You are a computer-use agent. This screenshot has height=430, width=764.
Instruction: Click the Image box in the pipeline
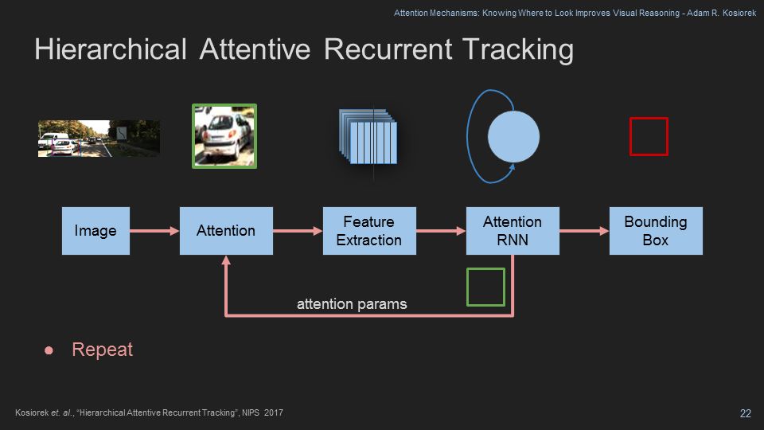[95, 231]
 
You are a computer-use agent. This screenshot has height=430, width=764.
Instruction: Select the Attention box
[226, 231]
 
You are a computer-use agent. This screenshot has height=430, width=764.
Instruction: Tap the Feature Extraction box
[369, 231]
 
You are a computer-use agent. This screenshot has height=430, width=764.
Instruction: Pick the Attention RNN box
[513, 231]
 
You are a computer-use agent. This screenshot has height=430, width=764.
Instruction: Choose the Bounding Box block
[656, 231]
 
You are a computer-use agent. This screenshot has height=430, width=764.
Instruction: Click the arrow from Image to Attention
[154, 231]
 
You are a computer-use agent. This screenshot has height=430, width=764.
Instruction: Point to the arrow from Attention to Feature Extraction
[298, 231]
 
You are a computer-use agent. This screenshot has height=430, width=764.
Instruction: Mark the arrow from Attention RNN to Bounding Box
[584, 231]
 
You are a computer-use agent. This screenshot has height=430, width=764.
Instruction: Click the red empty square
[649, 136]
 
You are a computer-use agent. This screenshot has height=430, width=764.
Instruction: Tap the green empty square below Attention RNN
[485, 287]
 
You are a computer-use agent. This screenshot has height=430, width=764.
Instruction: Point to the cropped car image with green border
[224, 135]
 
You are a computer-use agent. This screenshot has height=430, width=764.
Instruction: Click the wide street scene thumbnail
[99, 139]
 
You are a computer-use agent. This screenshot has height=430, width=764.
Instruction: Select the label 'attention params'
[352, 303]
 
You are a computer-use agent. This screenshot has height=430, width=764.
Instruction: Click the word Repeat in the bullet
[103, 350]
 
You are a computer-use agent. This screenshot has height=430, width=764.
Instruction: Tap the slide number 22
[746, 412]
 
